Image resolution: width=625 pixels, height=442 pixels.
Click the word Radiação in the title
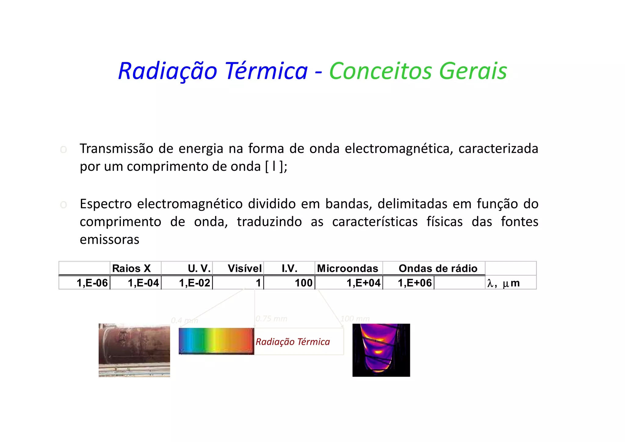click(x=168, y=71)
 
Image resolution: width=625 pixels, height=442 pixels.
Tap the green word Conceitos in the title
click(x=380, y=71)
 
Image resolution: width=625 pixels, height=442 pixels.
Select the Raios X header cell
click(x=132, y=268)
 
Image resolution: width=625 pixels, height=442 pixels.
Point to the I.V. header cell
click(x=289, y=268)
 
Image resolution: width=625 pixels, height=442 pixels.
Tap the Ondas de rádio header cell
click(x=438, y=268)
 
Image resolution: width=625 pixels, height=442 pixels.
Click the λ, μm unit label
click(x=503, y=283)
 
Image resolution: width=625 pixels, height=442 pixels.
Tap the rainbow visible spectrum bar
click(x=216, y=341)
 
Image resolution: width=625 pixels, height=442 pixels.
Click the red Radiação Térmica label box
click(x=293, y=342)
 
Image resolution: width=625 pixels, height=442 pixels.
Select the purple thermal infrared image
click(x=381, y=350)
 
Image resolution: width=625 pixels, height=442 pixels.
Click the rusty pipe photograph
click(x=134, y=350)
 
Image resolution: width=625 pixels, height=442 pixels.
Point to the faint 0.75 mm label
click(x=271, y=319)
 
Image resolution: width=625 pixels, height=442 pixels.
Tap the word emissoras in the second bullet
click(x=109, y=239)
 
